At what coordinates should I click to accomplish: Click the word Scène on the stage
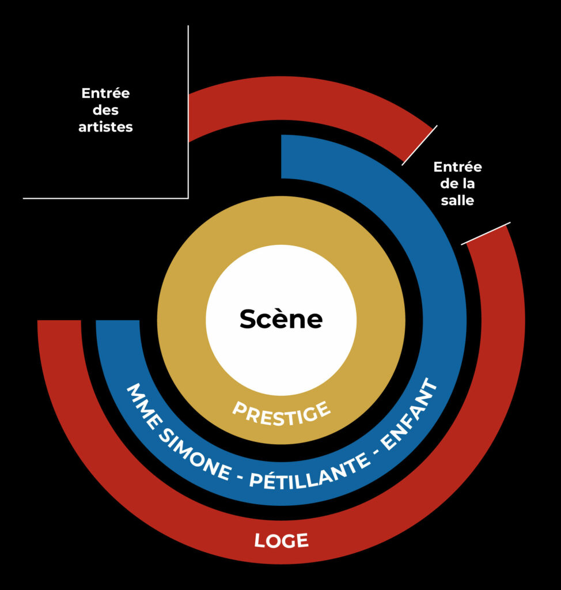[281, 319]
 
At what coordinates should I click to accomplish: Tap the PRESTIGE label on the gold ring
[282, 413]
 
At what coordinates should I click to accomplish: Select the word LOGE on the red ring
[281, 540]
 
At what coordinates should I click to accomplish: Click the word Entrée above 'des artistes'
[105, 93]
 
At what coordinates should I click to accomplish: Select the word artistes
[105, 127]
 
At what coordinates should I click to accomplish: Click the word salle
[457, 201]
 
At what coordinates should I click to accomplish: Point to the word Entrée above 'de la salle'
[457, 167]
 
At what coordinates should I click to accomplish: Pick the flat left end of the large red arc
[59, 322]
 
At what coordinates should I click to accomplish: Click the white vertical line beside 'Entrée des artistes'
[188, 115]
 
